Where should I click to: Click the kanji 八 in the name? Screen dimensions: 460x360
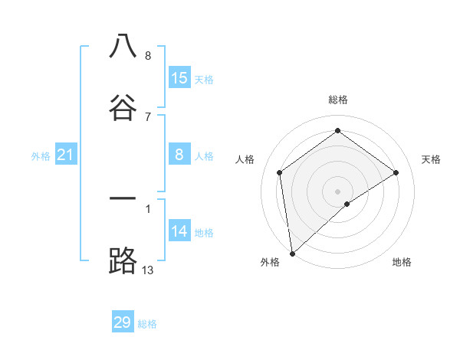pyautogui.click(x=123, y=46)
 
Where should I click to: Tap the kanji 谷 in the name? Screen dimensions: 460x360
pyautogui.click(x=123, y=106)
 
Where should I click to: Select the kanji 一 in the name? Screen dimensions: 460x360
pyautogui.click(x=123, y=198)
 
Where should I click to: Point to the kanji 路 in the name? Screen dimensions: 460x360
pyautogui.click(x=123, y=261)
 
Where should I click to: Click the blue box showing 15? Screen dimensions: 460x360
pyautogui.click(x=179, y=78)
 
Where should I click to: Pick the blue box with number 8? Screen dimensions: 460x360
pyautogui.click(x=179, y=155)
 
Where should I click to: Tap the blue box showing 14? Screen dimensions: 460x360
pyautogui.click(x=179, y=232)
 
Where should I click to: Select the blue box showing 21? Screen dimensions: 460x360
pyautogui.click(x=66, y=155)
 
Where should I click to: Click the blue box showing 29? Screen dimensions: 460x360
pyautogui.click(x=123, y=322)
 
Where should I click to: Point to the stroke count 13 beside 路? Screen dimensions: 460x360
pyautogui.click(x=148, y=270)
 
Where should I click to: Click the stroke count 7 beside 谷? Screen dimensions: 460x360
pyautogui.click(x=147, y=116)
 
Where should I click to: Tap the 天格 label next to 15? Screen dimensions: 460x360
pyautogui.click(x=204, y=79)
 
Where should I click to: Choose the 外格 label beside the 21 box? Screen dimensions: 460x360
pyautogui.click(x=41, y=156)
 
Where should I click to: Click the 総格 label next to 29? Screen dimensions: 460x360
pyautogui.click(x=147, y=324)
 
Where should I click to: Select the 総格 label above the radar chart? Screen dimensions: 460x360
pyautogui.click(x=338, y=100)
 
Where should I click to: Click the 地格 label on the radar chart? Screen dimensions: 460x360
pyautogui.click(x=402, y=262)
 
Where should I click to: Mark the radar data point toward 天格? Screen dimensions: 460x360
pyautogui.click(x=396, y=172)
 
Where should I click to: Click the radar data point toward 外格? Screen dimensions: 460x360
pyautogui.click(x=292, y=254)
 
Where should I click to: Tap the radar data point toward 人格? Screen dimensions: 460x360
pyautogui.click(x=280, y=172)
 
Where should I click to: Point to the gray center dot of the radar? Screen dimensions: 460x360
pyautogui.click(x=338, y=191)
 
